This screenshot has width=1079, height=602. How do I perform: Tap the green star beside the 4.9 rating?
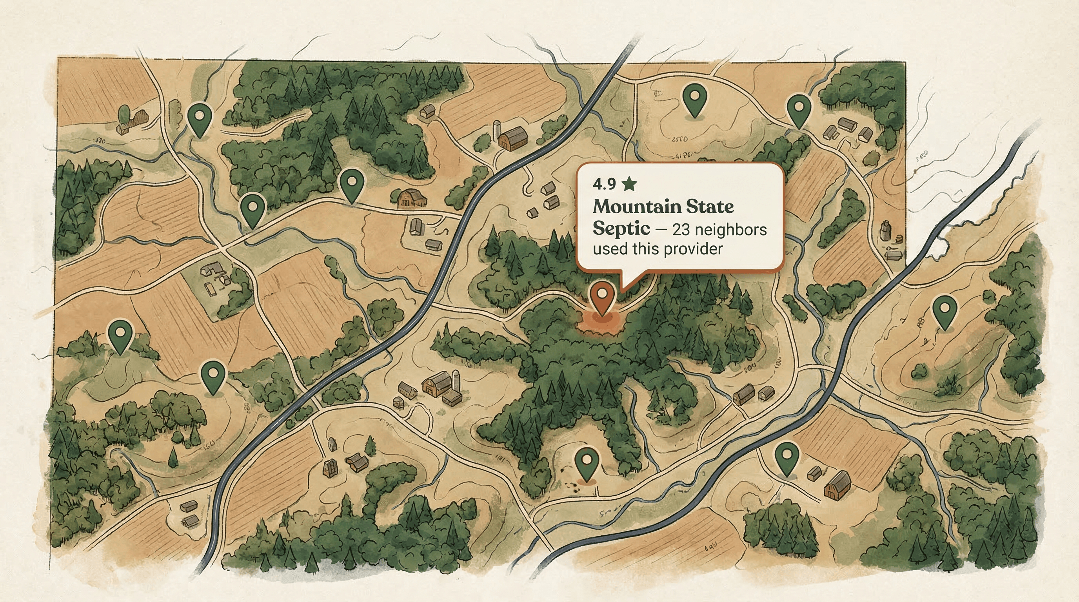point(629,184)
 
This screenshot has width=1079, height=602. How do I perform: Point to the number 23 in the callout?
point(684,230)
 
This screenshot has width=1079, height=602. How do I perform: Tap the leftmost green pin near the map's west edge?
point(120,334)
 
